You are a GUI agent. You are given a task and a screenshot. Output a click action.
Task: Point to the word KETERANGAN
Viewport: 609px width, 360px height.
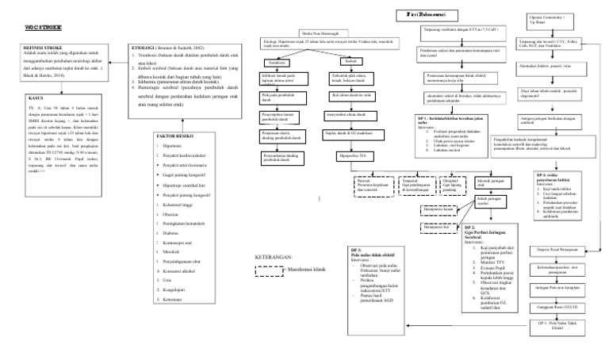tap(274, 258)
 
